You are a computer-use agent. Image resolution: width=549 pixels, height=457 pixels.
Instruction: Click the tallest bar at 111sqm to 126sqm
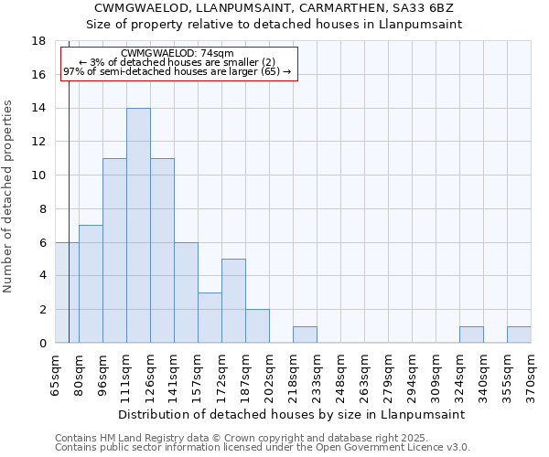(x=138, y=226)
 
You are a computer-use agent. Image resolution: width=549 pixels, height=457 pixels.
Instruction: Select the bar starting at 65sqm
(x=67, y=292)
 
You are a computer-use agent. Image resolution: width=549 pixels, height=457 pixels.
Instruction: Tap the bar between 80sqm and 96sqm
(x=91, y=284)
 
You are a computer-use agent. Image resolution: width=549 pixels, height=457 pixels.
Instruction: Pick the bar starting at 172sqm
(x=233, y=301)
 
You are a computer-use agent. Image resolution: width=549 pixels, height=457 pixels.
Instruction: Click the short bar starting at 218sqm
(x=305, y=335)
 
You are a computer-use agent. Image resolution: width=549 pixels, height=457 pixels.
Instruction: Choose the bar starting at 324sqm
(x=471, y=335)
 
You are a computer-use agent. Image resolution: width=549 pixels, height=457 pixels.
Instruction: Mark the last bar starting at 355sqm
(x=519, y=335)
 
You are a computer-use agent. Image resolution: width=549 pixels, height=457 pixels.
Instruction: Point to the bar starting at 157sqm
(x=210, y=318)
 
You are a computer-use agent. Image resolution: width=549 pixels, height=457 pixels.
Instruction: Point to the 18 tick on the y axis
(x=38, y=41)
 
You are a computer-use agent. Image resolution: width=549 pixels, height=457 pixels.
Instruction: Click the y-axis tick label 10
(x=38, y=175)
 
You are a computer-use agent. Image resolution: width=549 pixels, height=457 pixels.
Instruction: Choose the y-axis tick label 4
(x=42, y=276)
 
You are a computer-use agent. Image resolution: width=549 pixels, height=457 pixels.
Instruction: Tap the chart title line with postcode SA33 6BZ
(x=274, y=8)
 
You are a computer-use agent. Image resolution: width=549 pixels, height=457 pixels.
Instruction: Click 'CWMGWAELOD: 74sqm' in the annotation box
(x=177, y=54)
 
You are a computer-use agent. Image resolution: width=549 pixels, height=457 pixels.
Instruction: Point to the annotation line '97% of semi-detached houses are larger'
(x=177, y=71)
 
